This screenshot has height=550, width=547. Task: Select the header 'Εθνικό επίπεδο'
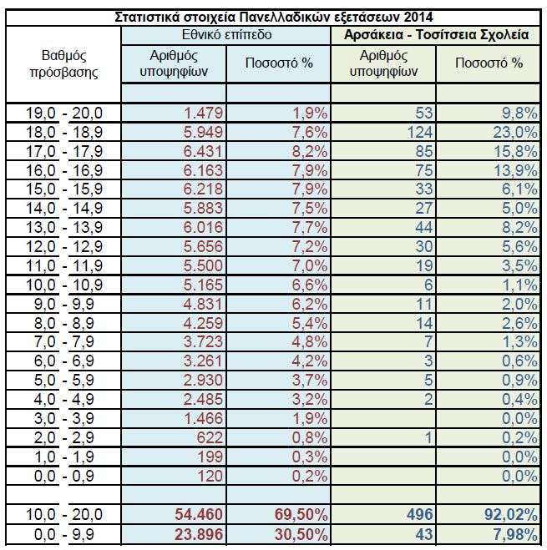click(226, 36)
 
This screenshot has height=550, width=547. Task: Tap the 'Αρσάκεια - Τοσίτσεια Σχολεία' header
click(436, 36)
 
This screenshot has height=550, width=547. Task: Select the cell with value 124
click(418, 132)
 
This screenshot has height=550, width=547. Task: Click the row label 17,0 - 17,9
click(65, 150)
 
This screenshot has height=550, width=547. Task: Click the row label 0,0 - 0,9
click(65, 477)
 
